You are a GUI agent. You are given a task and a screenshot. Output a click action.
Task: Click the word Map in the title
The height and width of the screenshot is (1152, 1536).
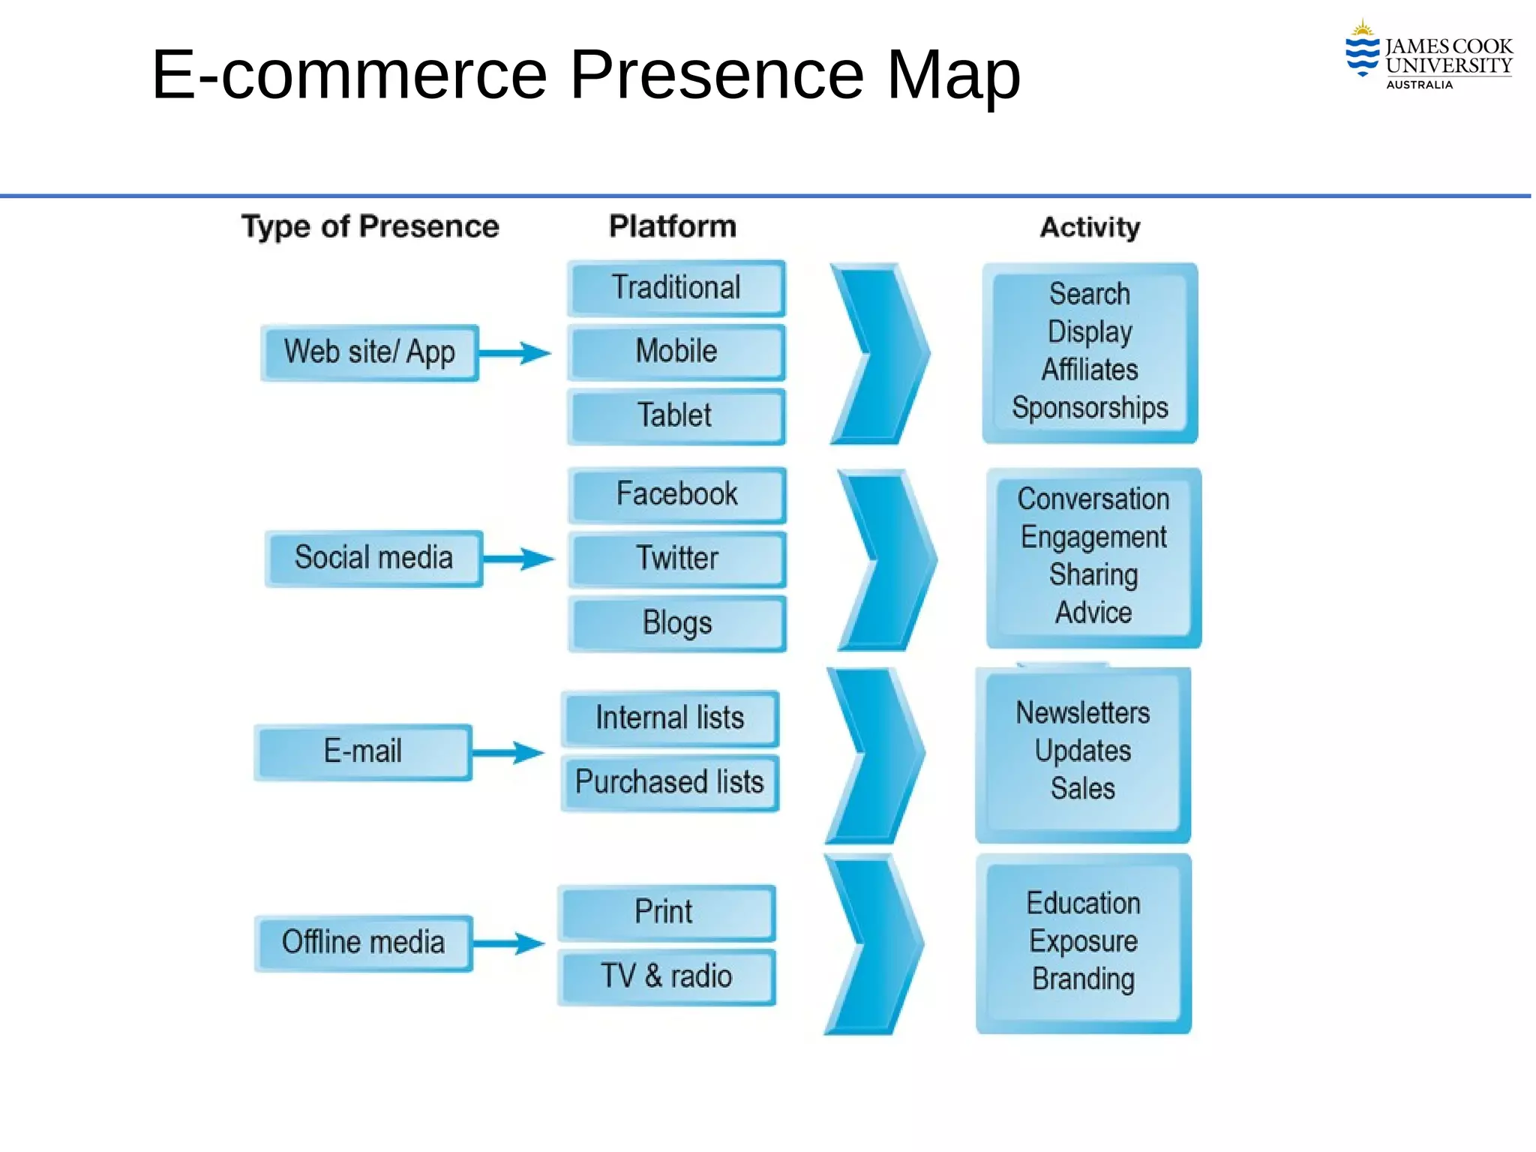(x=953, y=74)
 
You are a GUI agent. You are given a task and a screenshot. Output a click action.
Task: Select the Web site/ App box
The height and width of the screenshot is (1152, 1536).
(x=370, y=352)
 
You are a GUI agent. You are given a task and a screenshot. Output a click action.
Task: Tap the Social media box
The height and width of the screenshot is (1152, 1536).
(x=373, y=558)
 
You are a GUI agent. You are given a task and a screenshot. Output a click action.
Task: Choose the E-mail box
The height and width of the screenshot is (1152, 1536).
(x=363, y=751)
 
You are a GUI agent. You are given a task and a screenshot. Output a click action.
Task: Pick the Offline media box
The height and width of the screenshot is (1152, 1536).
(x=363, y=943)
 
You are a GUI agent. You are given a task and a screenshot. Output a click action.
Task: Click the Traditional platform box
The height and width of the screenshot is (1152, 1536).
(x=676, y=288)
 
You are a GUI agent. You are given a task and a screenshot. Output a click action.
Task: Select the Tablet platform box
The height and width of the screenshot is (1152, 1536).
(x=676, y=415)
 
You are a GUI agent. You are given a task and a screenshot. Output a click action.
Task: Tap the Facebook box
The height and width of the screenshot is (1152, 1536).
(x=677, y=494)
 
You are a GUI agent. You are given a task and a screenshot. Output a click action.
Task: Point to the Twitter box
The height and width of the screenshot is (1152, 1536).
(x=677, y=559)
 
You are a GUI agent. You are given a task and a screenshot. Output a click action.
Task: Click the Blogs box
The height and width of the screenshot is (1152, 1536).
(x=677, y=623)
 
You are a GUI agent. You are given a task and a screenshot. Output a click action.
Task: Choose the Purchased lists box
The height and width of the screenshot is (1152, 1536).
(x=670, y=782)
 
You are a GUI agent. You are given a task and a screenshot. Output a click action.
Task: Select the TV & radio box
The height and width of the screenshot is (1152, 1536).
(x=667, y=976)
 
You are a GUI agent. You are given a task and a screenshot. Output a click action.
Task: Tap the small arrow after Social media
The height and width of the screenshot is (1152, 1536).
(x=519, y=559)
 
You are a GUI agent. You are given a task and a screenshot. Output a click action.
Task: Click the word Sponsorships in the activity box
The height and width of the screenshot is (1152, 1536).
(x=1090, y=408)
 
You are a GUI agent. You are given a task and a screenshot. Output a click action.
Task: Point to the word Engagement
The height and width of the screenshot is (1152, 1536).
(x=1093, y=537)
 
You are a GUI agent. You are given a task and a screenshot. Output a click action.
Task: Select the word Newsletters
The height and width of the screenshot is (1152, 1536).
(x=1082, y=712)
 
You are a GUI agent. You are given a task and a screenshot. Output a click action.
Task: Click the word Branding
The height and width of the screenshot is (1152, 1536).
(x=1083, y=979)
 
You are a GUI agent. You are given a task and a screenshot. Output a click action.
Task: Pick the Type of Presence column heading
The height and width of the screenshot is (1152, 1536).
(x=370, y=226)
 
